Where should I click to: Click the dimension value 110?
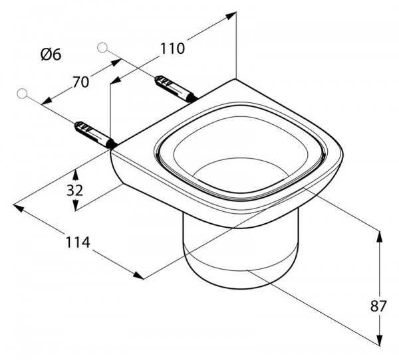tap(172, 48)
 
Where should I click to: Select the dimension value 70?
tap(80, 82)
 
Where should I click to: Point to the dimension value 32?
tap(74, 191)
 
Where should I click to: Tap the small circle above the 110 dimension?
tap(102, 46)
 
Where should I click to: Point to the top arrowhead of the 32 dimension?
tap(75, 173)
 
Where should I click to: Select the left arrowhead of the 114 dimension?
tap(19, 208)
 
